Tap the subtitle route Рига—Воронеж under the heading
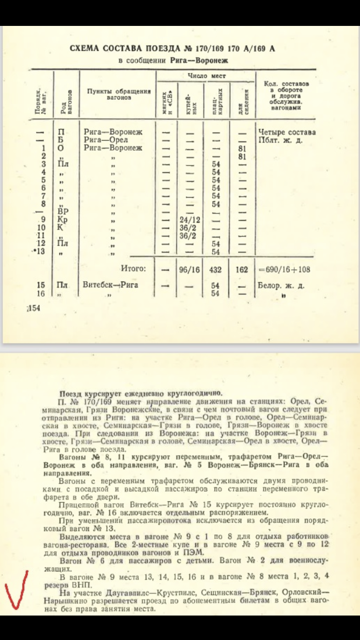[x=199, y=60]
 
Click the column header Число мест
[x=206, y=76]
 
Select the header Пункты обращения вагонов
[x=119, y=94]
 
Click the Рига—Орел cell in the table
[x=109, y=140]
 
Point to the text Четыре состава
[x=287, y=132]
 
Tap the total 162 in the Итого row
[x=242, y=270]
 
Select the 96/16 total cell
[x=189, y=270]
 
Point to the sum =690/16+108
[x=284, y=270]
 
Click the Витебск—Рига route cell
[x=110, y=285]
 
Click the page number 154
[x=34, y=308]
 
